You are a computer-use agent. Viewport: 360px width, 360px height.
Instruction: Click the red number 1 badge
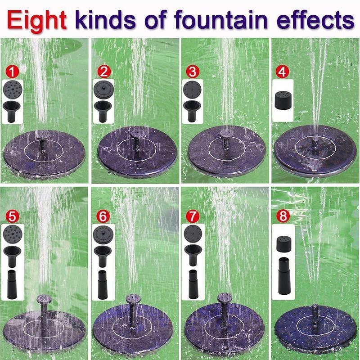(x=13, y=71)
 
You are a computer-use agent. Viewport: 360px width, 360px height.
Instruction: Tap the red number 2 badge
(x=104, y=71)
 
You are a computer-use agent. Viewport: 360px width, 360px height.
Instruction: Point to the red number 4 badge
(x=282, y=71)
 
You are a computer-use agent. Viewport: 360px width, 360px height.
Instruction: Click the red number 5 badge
(x=13, y=216)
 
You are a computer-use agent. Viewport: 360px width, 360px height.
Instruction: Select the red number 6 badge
(x=103, y=216)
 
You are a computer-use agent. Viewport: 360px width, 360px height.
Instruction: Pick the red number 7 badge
(x=193, y=216)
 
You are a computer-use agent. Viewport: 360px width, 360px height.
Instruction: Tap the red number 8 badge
(x=283, y=216)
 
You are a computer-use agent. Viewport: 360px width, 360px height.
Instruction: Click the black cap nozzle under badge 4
(x=283, y=99)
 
